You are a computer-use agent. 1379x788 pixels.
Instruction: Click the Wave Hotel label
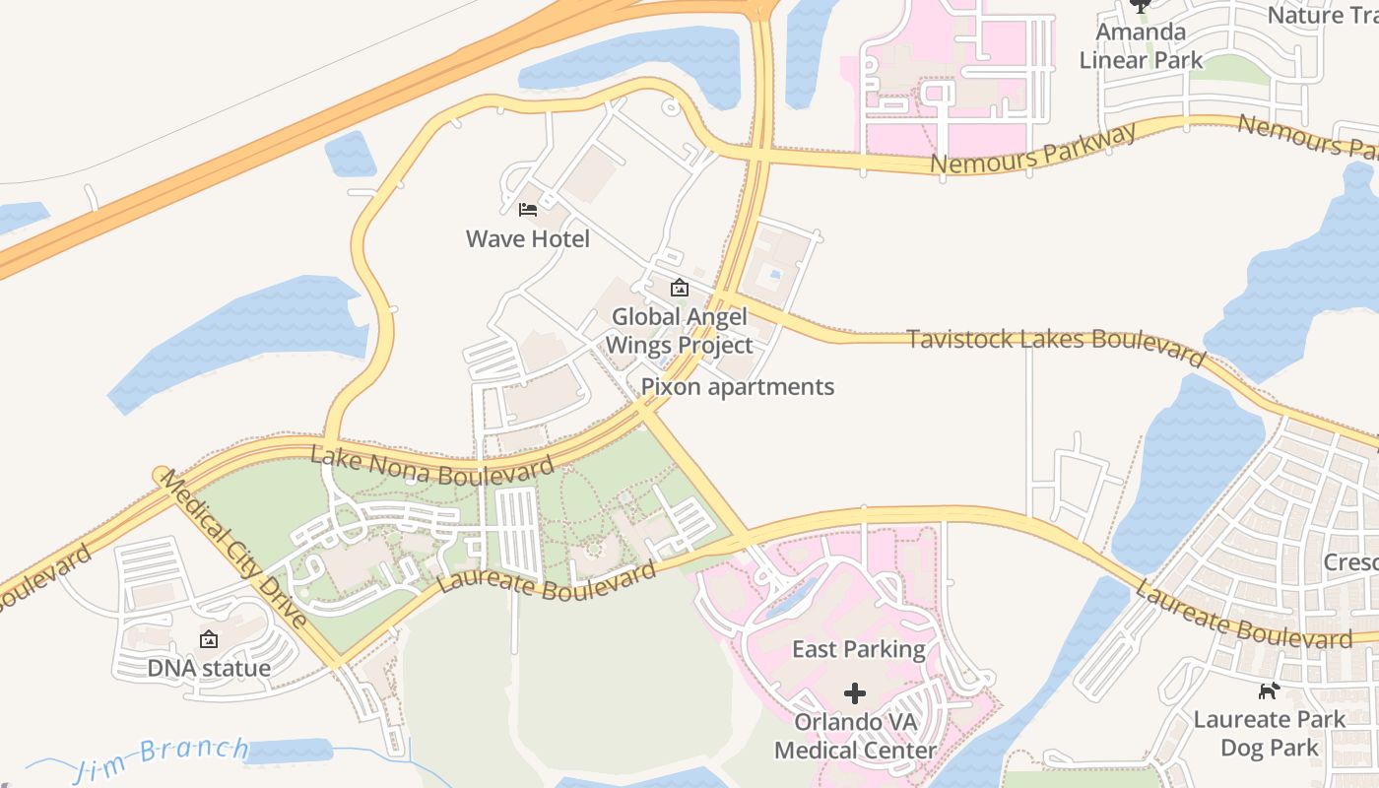click(x=527, y=238)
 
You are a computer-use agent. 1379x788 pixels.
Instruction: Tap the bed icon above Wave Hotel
click(x=527, y=209)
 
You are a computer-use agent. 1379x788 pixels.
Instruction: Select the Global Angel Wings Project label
click(x=679, y=331)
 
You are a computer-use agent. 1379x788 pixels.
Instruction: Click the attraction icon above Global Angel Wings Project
click(x=679, y=289)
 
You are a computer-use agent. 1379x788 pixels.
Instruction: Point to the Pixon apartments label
click(x=737, y=387)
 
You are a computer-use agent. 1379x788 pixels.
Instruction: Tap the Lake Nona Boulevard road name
click(x=431, y=465)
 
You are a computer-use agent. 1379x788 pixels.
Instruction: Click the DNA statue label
click(x=209, y=668)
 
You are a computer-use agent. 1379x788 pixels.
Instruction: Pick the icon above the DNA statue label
click(x=209, y=640)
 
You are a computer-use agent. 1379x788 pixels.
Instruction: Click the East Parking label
click(x=859, y=649)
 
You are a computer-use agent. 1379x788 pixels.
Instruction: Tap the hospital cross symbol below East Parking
click(x=855, y=693)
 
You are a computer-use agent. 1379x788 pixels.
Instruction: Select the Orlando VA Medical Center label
click(x=855, y=736)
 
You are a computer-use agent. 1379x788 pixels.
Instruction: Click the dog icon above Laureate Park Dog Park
click(x=1270, y=690)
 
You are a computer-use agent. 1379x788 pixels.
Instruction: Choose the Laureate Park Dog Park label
click(x=1269, y=734)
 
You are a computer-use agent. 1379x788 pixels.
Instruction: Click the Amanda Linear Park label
click(x=1141, y=46)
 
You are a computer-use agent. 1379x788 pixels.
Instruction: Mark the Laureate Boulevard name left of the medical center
click(x=547, y=580)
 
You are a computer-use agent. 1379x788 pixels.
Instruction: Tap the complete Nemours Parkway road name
click(x=1033, y=149)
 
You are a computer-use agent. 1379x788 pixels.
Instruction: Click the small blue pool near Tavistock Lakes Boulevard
click(x=775, y=274)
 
